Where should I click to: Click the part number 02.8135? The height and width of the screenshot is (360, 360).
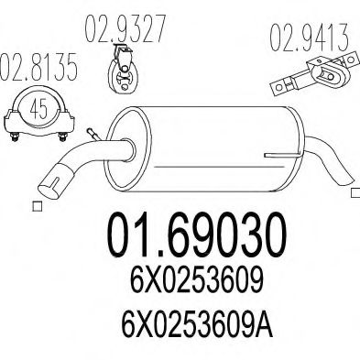(x=38, y=68)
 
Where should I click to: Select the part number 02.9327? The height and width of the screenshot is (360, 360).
(x=125, y=29)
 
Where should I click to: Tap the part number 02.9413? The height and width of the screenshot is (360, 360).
(x=309, y=38)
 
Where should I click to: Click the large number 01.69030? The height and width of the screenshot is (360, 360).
(x=197, y=235)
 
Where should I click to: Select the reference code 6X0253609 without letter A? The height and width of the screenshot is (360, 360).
(x=197, y=279)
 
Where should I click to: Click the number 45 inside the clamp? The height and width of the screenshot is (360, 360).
(x=39, y=108)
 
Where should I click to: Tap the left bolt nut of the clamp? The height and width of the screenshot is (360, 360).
(x=16, y=137)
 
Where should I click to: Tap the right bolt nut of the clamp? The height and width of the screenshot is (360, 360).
(x=63, y=137)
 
